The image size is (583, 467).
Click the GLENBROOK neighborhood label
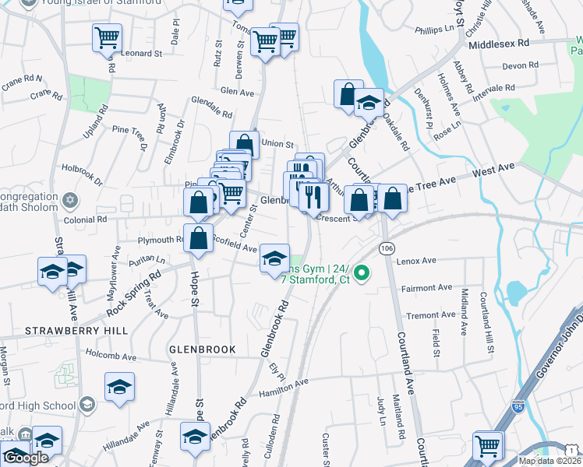(x=202, y=350)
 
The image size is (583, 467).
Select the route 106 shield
(x=387, y=248)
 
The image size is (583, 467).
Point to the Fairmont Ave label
(x=426, y=288)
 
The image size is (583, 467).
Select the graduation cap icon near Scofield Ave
(x=274, y=257)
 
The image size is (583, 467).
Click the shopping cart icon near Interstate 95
(x=487, y=446)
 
